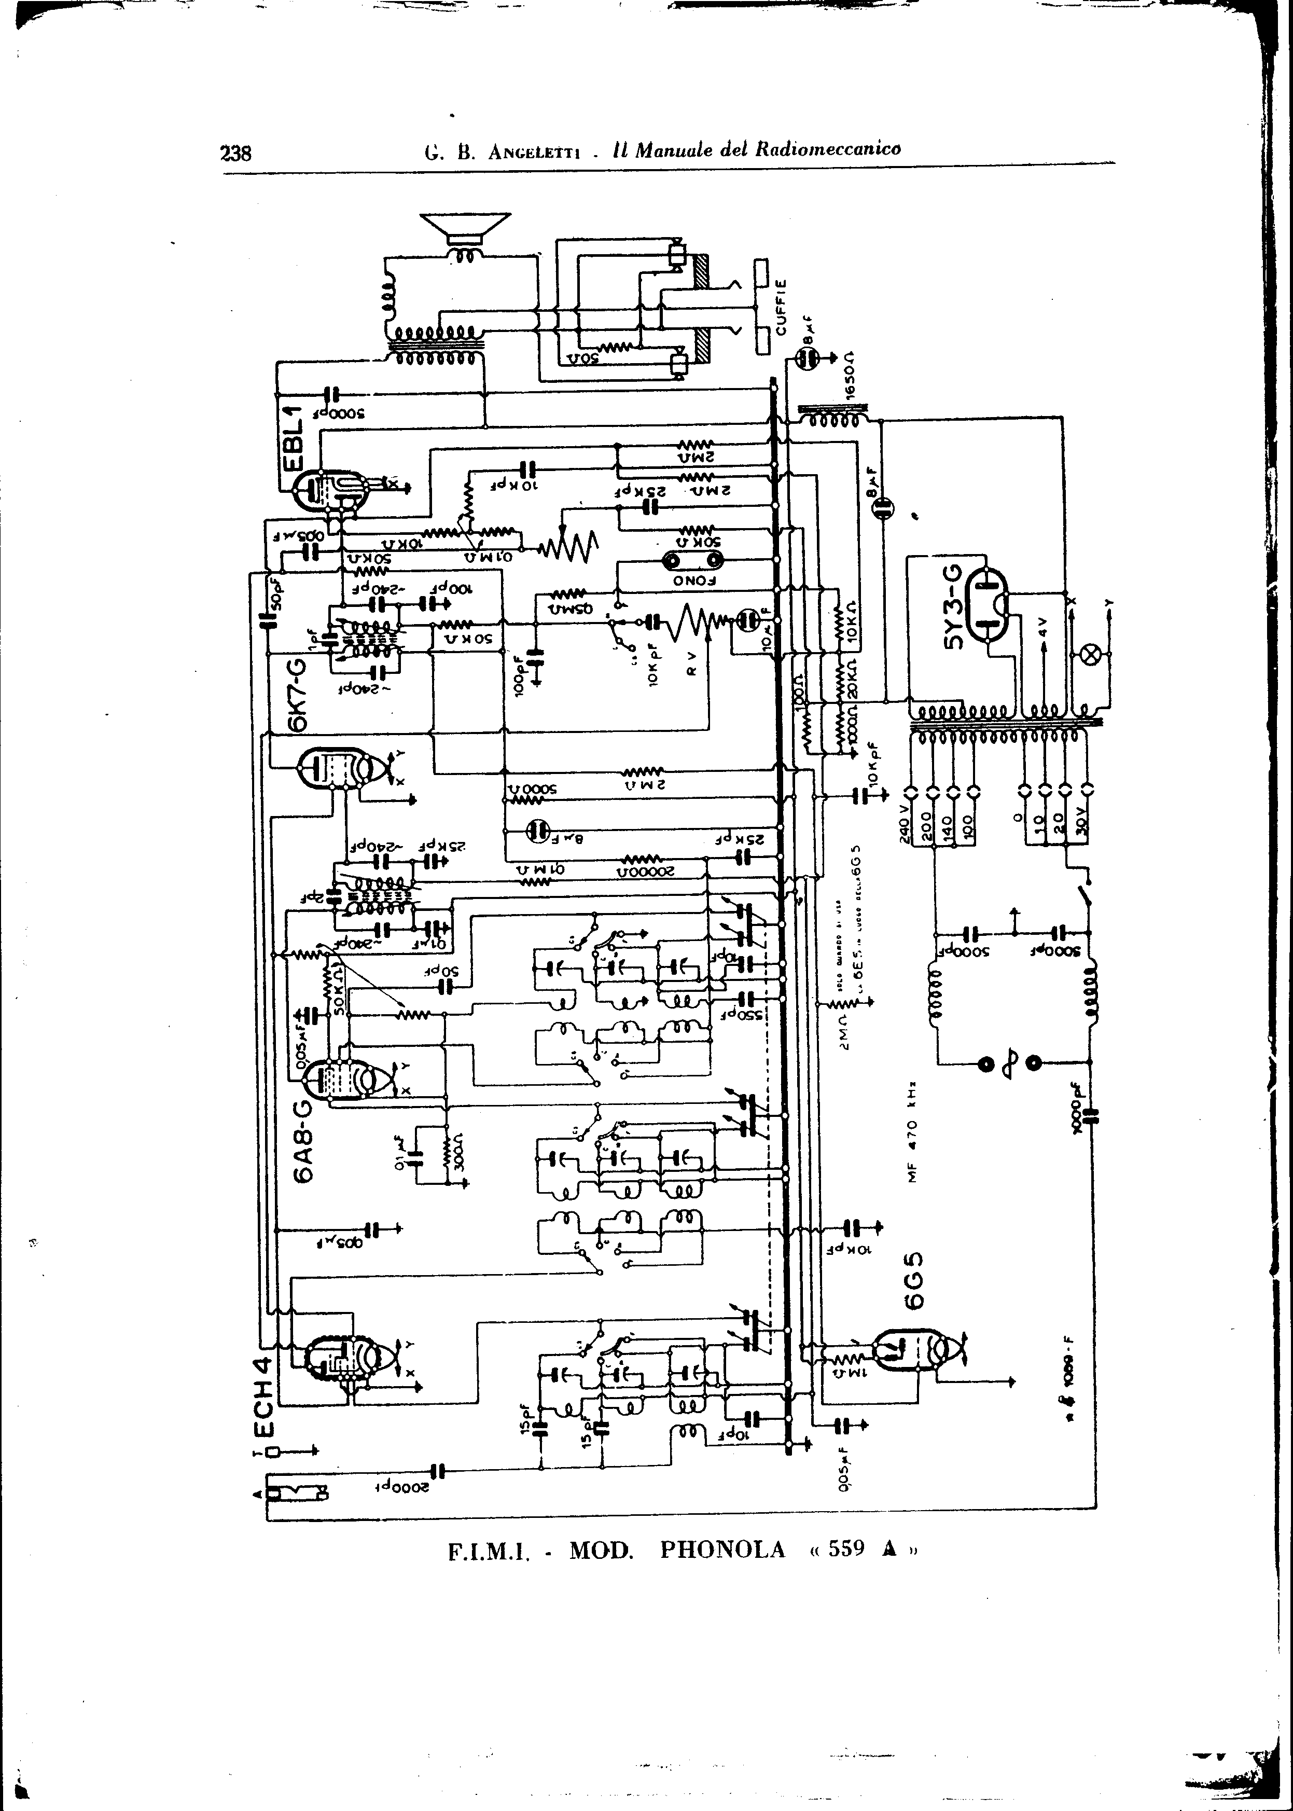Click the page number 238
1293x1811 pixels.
tap(235, 152)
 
